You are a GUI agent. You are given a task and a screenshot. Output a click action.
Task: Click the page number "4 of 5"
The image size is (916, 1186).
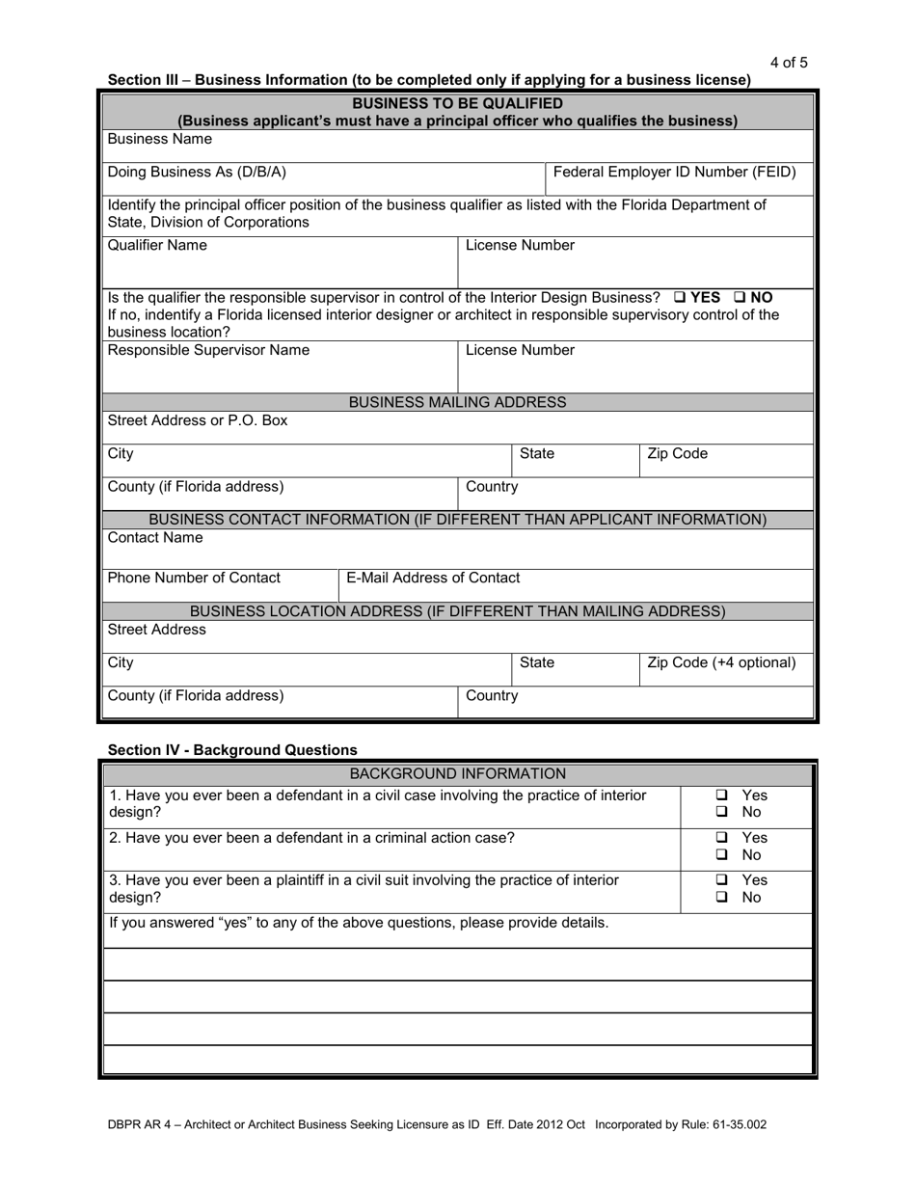coord(789,64)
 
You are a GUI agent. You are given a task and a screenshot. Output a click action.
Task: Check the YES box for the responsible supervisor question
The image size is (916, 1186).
coord(680,298)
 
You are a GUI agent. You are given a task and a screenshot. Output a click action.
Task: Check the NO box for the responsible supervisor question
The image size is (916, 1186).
coord(741,298)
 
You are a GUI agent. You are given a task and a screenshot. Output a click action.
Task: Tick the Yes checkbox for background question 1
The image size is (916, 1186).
coord(722,796)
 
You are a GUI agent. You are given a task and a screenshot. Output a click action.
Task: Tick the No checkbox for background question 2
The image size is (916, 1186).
coord(722,855)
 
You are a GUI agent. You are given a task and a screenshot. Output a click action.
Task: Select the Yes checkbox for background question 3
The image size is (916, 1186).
coord(722,880)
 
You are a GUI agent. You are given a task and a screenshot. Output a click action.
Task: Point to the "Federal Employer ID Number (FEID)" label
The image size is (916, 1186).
coord(675,173)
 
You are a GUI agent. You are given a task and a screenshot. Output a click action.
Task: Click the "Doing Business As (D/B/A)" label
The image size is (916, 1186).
coord(197,173)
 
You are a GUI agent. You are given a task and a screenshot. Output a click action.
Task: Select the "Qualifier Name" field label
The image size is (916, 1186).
coord(156,246)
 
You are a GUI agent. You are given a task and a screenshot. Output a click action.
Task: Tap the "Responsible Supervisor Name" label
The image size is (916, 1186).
coord(208,351)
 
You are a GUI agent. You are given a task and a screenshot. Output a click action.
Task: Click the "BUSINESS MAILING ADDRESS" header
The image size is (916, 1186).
coord(457,402)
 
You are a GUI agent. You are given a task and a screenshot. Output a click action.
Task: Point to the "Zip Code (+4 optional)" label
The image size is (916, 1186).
coord(721,663)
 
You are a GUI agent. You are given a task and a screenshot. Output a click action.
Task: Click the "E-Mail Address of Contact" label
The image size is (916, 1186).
coord(433,579)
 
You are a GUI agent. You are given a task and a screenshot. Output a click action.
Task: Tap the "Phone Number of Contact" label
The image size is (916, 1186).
coord(194,579)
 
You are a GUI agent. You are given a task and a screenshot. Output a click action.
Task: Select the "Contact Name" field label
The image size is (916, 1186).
coord(155,538)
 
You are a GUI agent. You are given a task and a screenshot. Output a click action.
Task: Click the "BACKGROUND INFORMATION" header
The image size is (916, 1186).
coord(457,774)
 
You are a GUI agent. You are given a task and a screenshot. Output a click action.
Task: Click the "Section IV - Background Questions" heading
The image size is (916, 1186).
coord(232,750)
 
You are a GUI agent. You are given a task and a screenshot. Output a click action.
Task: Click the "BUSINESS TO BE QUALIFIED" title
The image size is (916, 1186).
coord(457,103)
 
